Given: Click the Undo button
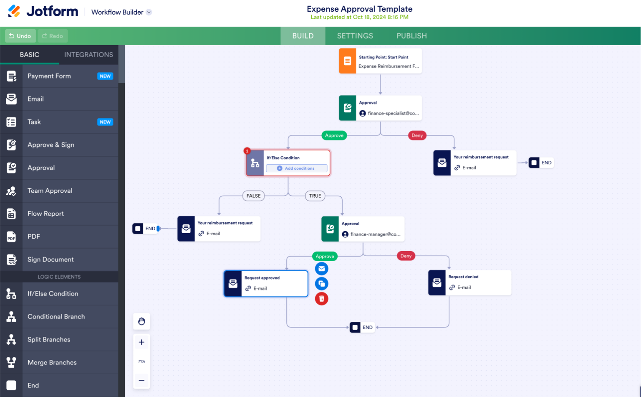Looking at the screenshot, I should tap(20, 36).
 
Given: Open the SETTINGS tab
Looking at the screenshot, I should tap(355, 36).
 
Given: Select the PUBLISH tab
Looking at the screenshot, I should tap(411, 36).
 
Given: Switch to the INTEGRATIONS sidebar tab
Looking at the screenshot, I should tap(88, 55).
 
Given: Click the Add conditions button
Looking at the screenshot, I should tap(296, 168).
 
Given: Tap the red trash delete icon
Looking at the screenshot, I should tap(321, 299).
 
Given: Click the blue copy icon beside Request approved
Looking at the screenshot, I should tap(321, 284).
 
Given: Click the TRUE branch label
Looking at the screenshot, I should tap(315, 196).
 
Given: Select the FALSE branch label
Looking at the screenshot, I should tap(253, 196).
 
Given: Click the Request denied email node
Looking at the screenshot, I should tap(469, 282).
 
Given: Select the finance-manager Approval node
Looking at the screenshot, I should tap(363, 229).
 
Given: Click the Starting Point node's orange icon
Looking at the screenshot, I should tap(347, 61).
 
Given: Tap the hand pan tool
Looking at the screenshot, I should tap(141, 321).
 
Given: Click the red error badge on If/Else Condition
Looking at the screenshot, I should tap(247, 151).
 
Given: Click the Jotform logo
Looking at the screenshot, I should tap(43, 12).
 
